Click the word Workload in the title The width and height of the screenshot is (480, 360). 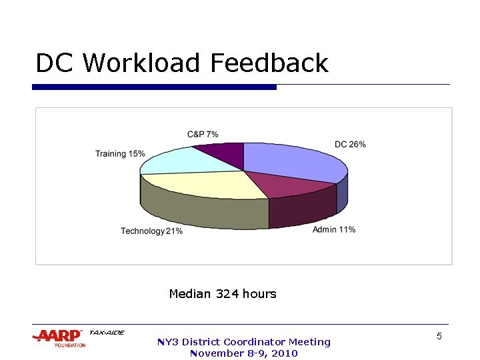141,63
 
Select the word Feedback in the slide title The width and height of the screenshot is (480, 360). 269,63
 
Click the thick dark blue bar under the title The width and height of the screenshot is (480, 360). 154,87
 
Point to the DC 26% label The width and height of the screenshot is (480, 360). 349,145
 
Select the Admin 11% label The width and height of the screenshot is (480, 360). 333,230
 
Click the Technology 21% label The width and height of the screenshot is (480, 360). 151,231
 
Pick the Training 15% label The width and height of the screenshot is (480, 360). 120,154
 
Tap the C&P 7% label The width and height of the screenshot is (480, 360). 203,135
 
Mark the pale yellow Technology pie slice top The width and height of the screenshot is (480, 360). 207,184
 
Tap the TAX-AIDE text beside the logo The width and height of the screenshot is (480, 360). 106,333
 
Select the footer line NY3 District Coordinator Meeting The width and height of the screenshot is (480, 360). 243,342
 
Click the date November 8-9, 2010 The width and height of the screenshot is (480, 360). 243,353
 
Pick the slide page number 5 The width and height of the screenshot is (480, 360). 439,337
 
